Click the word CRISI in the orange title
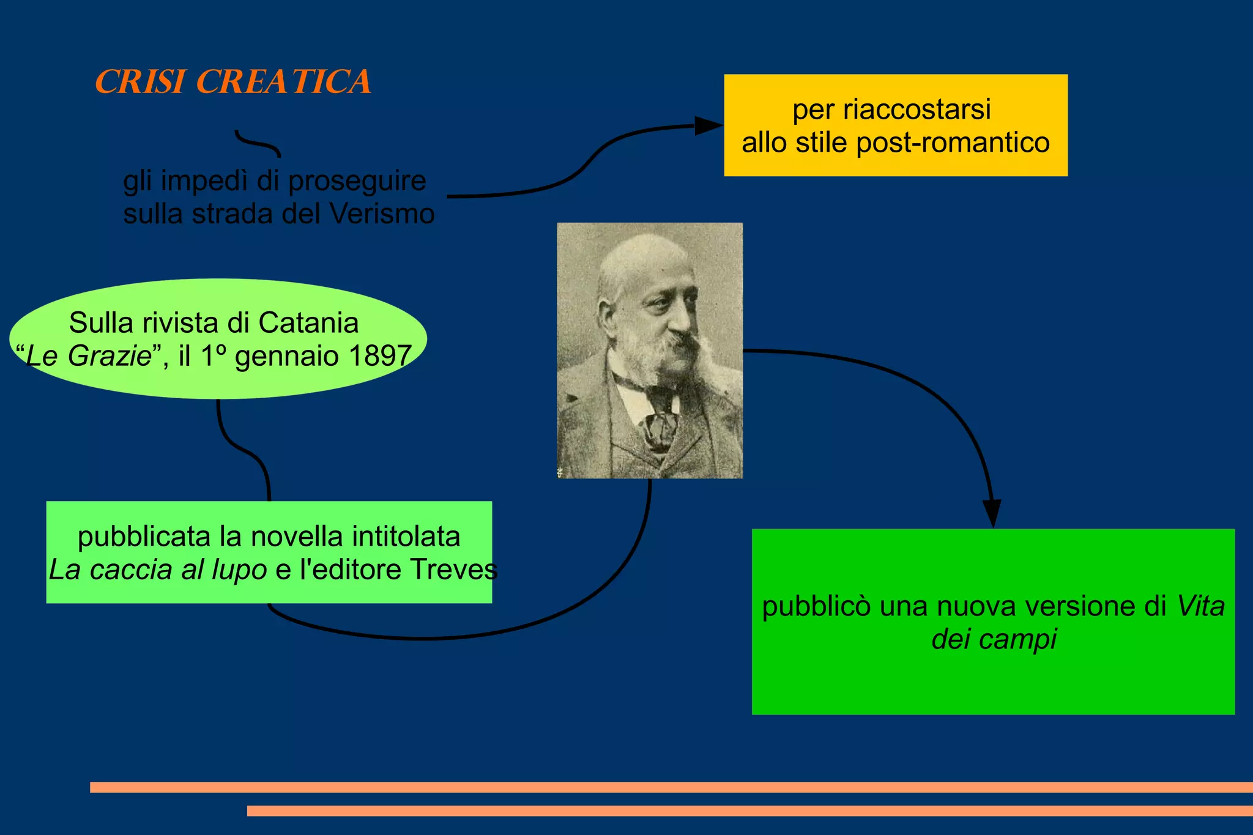coord(140,82)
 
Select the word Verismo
coord(382,214)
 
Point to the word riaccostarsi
coord(917,110)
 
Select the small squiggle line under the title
coord(258,144)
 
